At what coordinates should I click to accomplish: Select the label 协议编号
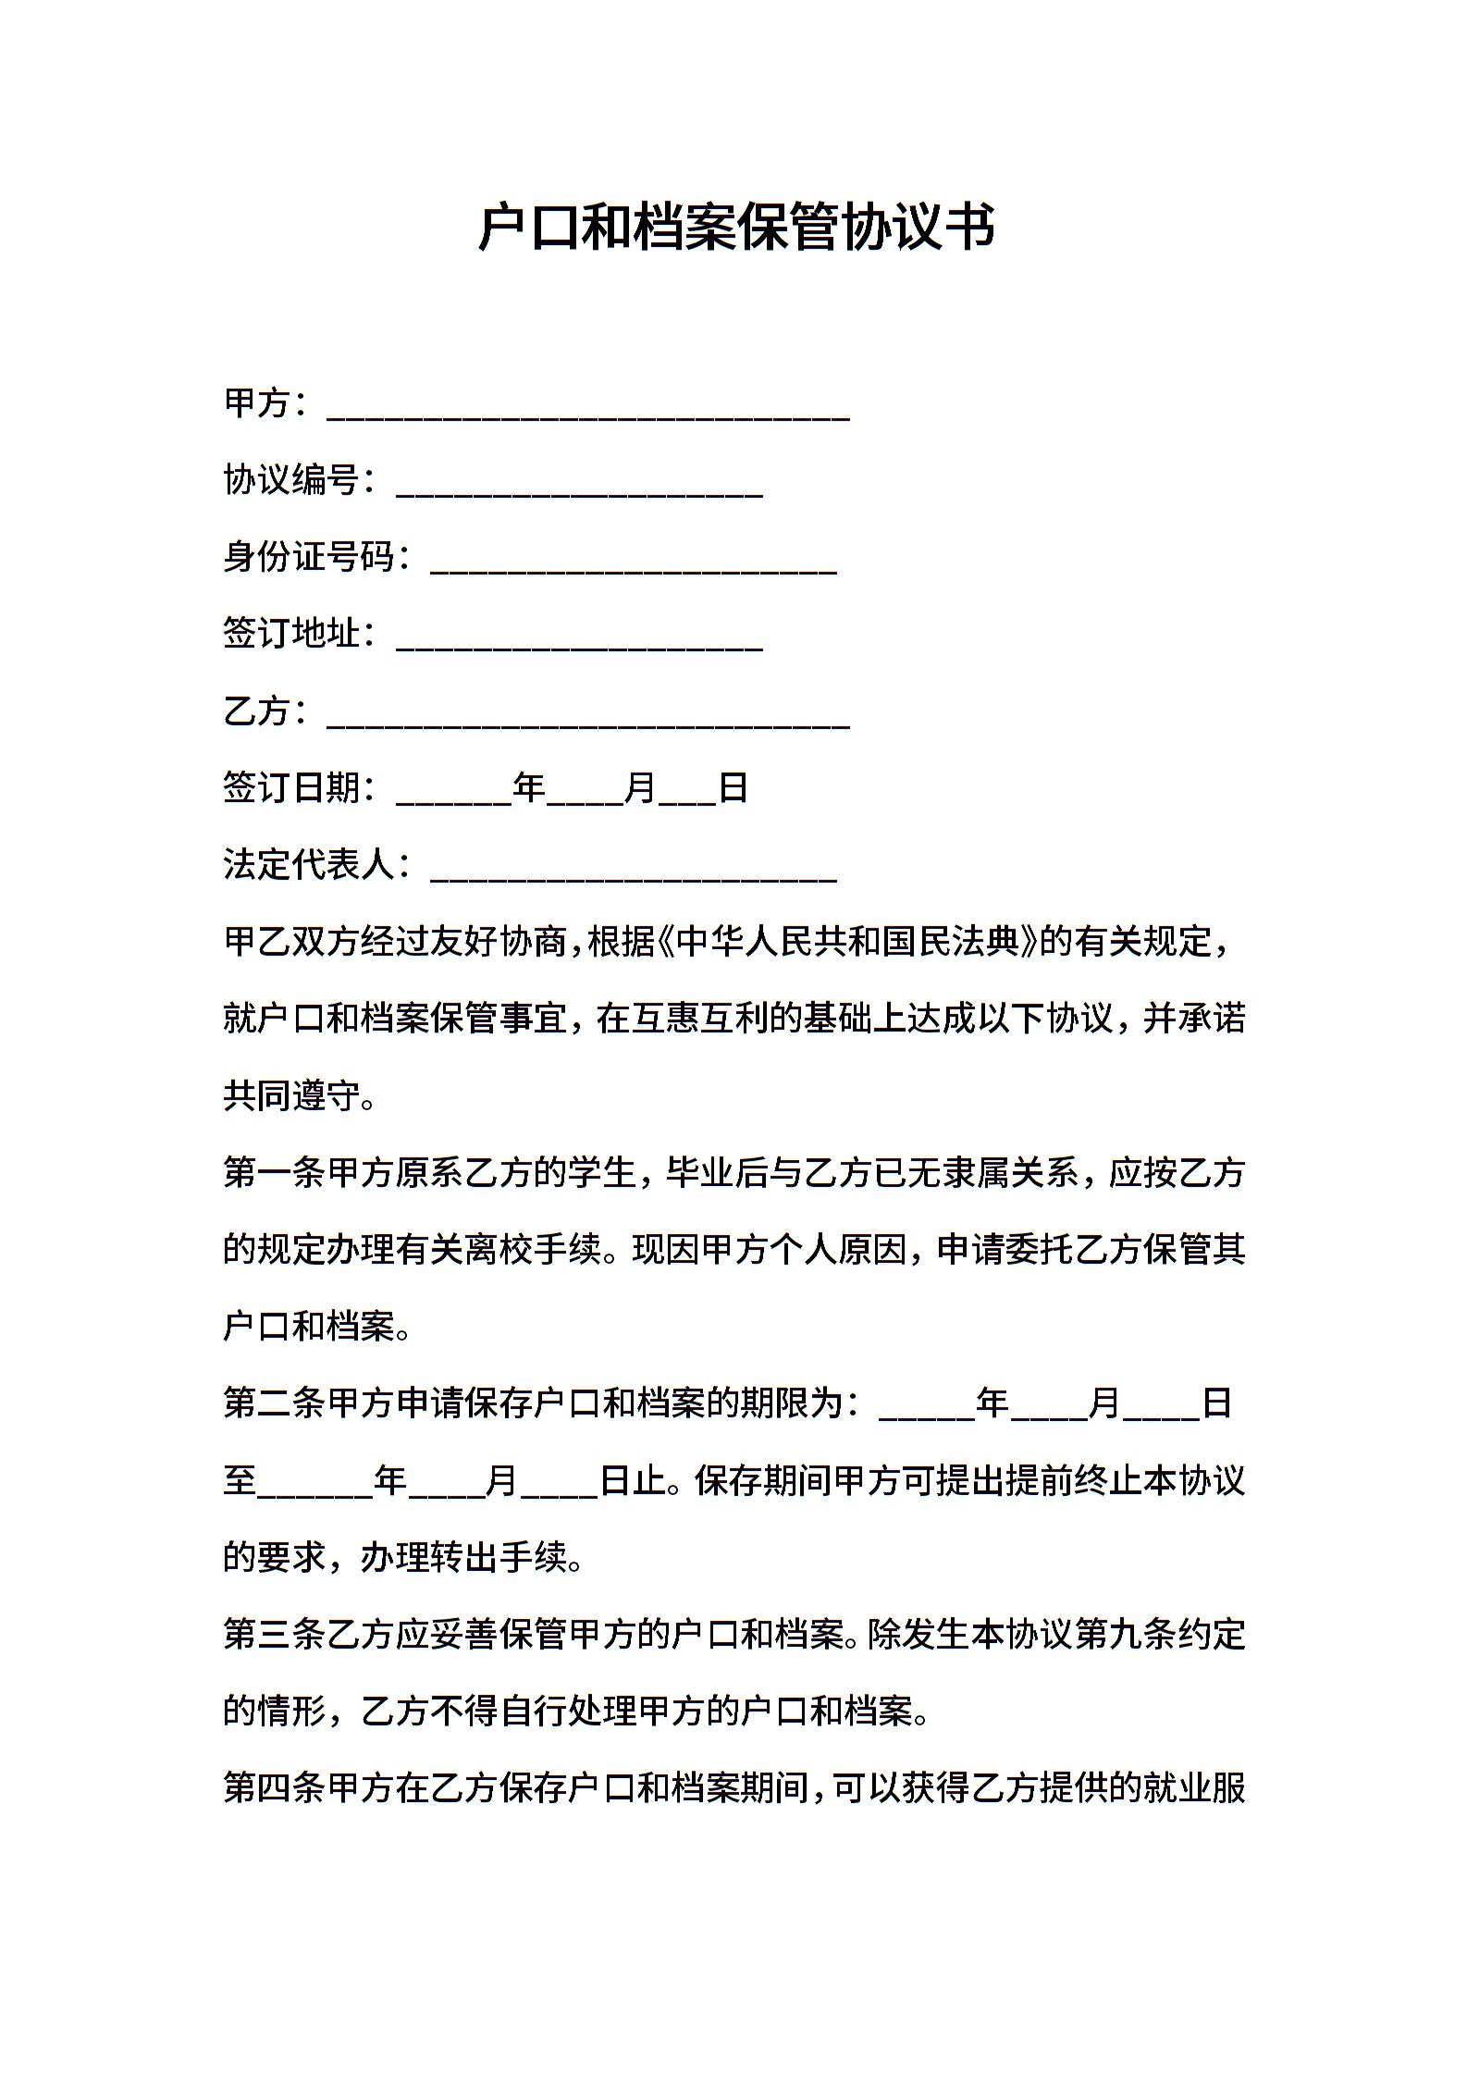click(x=290, y=480)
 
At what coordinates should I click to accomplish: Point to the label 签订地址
click(x=290, y=634)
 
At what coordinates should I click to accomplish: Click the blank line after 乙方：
click(x=588, y=723)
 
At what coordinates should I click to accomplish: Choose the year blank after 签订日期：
click(x=453, y=799)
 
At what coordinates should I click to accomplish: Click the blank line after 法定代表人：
click(x=634, y=876)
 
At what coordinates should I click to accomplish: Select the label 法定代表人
click(x=308, y=865)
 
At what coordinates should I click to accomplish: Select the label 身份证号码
click(x=308, y=557)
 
